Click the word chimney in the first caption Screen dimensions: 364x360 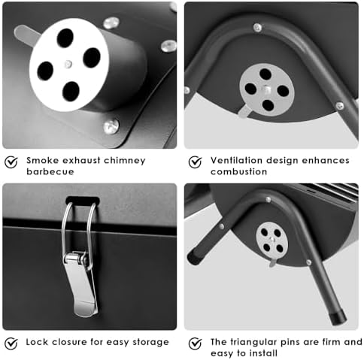tap(125, 161)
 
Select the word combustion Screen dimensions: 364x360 tap(238, 171)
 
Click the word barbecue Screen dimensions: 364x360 tap(50, 171)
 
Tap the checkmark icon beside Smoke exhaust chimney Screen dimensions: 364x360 tap(11, 162)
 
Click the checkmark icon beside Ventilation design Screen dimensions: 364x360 tap(195, 162)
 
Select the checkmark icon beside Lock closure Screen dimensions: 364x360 tap(11, 343)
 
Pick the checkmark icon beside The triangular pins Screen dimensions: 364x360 tap(195, 343)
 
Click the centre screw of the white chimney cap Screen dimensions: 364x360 tap(68, 65)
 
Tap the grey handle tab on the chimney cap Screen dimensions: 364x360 tap(26, 35)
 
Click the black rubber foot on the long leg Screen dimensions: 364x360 tap(338, 316)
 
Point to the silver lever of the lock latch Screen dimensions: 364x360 tap(81, 283)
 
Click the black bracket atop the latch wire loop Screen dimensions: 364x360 tap(83, 201)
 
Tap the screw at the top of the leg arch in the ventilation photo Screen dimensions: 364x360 tap(257, 28)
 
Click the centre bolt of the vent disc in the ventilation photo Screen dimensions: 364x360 tap(266, 89)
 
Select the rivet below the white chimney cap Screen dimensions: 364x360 tap(111, 126)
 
